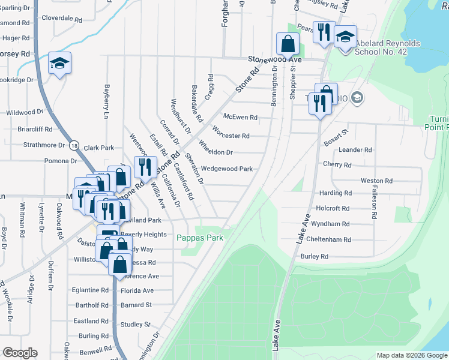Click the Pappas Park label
point(200,238)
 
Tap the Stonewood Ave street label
point(275,59)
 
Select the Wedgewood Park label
point(227,169)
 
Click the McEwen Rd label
point(240,117)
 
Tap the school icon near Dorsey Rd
point(59,64)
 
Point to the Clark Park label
point(99,148)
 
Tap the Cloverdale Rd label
point(60,18)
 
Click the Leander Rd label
point(355,150)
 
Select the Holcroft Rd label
point(333,208)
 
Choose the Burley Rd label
point(315,256)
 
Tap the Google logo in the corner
point(20,353)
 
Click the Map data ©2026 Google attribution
point(412,355)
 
